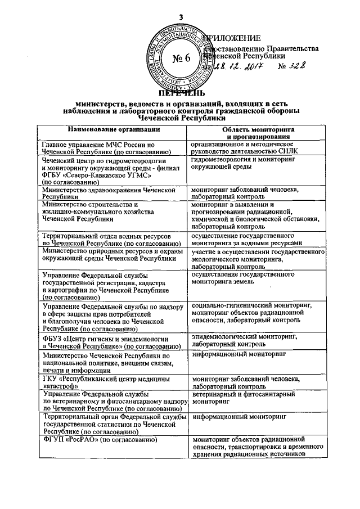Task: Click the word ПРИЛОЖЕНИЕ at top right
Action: point(232,39)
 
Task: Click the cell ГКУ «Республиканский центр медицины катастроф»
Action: point(105,382)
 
